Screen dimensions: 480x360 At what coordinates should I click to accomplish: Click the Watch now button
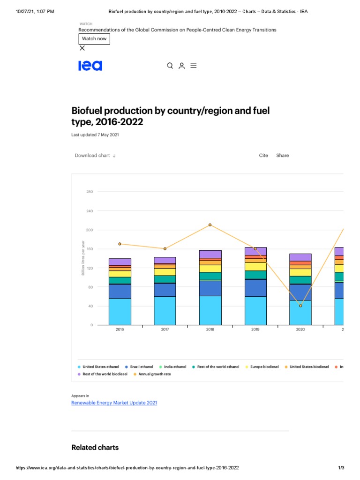point(94,39)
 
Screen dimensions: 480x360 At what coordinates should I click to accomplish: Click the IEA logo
point(90,66)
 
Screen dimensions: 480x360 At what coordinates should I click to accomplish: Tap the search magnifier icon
point(170,66)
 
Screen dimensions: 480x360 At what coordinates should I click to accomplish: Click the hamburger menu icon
point(193,66)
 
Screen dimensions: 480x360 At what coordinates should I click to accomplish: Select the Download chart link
point(95,156)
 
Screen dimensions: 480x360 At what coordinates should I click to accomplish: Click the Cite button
point(263,156)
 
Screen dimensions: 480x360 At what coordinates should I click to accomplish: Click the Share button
point(283,156)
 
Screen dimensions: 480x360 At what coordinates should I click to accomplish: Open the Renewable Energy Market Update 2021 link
point(114,403)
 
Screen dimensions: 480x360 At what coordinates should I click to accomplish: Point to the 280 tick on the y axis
point(90,192)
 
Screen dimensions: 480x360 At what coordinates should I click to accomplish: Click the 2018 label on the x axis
point(210,330)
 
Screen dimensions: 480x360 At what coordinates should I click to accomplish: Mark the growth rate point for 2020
point(300,306)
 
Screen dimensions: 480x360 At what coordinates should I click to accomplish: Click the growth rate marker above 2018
point(210,225)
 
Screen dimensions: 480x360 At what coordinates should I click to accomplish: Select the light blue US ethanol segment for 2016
point(120,312)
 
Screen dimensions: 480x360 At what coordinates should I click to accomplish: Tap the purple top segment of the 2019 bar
point(255,251)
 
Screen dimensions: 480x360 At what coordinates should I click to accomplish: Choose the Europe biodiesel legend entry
point(262,367)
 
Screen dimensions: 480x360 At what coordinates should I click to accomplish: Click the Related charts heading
point(95,447)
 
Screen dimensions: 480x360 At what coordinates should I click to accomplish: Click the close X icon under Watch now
point(82,48)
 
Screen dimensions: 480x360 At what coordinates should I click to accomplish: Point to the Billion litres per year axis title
point(83,257)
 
